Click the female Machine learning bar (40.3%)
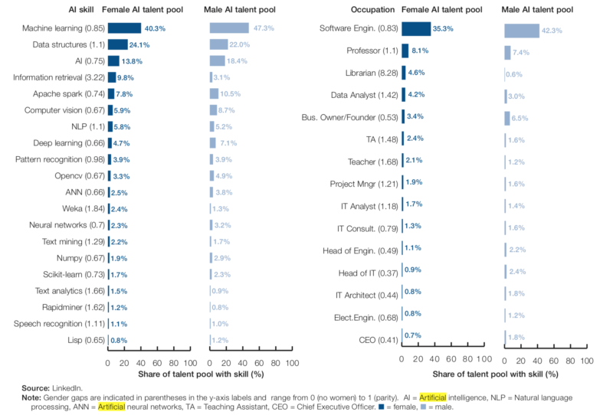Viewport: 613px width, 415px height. pyautogui.click(x=124, y=28)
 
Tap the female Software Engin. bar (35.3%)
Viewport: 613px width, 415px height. pyautogui.click(x=416, y=29)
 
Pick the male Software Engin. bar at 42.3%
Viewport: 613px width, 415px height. pyautogui.click(x=522, y=31)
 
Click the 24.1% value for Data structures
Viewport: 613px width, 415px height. pyautogui.click(x=139, y=44)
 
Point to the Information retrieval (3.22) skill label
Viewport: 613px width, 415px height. pyautogui.click(x=58, y=77)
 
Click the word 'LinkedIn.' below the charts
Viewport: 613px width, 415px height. pyautogui.click(x=71, y=388)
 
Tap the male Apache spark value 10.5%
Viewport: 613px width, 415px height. pyautogui.click(x=231, y=93)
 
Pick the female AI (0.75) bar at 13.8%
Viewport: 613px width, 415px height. pyautogui.click(x=113, y=60)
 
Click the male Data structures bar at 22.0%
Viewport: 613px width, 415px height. pyautogui.click(x=219, y=44)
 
